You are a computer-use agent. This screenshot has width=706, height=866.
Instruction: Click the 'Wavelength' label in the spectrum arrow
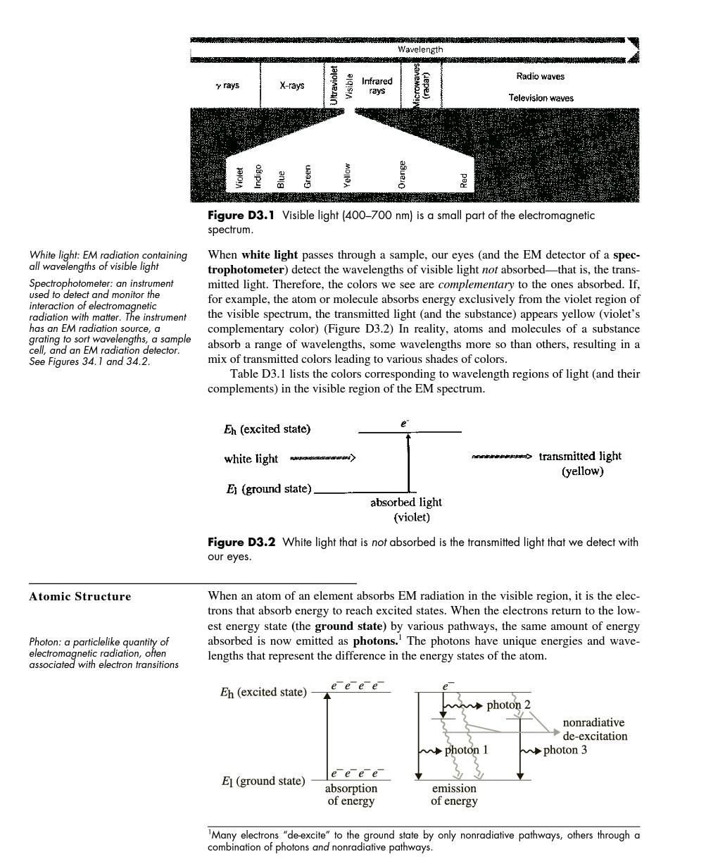pyautogui.click(x=420, y=49)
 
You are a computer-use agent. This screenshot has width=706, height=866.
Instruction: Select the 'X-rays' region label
pyautogui.click(x=292, y=85)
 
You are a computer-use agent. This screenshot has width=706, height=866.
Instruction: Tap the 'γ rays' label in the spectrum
pyautogui.click(x=227, y=85)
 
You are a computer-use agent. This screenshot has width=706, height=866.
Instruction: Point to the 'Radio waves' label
pyautogui.click(x=540, y=76)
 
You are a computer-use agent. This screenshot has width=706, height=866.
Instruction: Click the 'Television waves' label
pyautogui.click(x=541, y=98)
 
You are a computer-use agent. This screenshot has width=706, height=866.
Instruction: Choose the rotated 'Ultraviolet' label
pyautogui.click(x=334, y=85)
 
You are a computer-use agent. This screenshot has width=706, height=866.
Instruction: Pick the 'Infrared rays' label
pyautogui.click(x=377, y=86)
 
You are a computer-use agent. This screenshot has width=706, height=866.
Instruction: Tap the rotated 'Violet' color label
pyautogui.click(x=239, y=177)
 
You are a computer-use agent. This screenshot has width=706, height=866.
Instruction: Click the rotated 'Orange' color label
pyautogui.click(x=402, y=175)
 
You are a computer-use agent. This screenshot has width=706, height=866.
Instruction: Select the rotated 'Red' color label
pyautogui.click(x=464, y=180)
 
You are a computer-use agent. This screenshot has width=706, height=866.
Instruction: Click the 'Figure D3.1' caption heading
pyautogui.click(x=241, y=216)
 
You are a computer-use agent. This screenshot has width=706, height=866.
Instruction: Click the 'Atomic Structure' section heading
pyautogui.click(x=80, y=597)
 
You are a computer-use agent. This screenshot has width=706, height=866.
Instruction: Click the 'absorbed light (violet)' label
pyautogui.click(x=406, y=509)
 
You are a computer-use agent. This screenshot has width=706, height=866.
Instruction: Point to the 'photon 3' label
pyautogui.click(x=565, y=750)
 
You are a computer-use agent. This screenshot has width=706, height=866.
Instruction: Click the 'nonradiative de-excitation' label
pyautogui.click(x=594, y=729)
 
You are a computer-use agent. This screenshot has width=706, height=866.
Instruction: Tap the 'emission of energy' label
pyautogui.click(x=454, y=794)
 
